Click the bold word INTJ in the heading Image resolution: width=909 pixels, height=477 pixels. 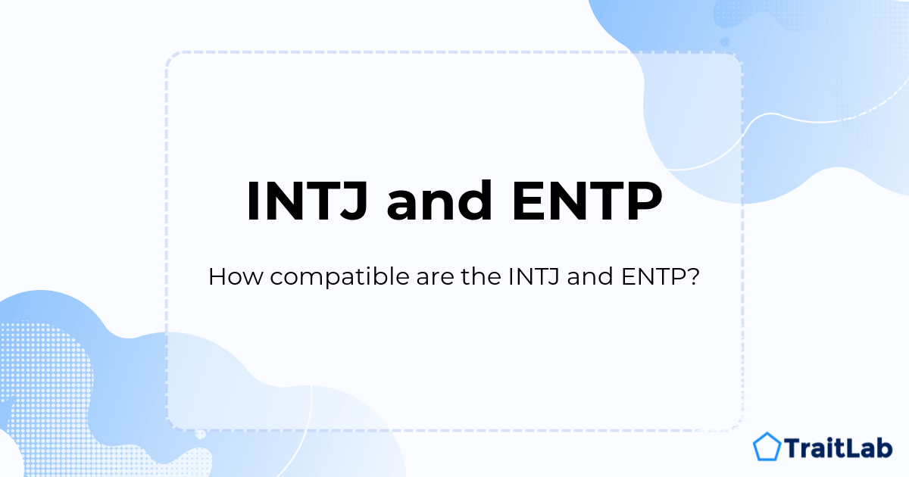tap(308, 201)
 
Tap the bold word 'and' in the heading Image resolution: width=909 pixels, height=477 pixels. tap(439, 201)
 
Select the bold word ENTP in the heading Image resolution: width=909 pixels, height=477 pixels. tap(587, 201)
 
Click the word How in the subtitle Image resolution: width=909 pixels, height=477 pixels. tap(236, 276)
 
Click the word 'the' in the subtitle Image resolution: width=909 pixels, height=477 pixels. tap(481, 276)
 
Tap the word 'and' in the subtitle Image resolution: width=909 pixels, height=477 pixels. tap(590, 276)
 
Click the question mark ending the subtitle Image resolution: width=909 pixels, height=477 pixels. tap(694, 276)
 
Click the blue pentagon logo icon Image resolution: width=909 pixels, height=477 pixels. tap(767, 447)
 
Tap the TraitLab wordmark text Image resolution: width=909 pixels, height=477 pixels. tap(839, 447)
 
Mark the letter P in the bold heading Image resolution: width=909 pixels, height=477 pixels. tap(643, 201)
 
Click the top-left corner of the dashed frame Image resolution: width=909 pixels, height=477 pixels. tap(167, 53)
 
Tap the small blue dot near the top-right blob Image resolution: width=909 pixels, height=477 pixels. tap(725, 42)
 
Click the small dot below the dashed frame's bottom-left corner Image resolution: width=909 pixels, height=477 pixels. tap(201, 435)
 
